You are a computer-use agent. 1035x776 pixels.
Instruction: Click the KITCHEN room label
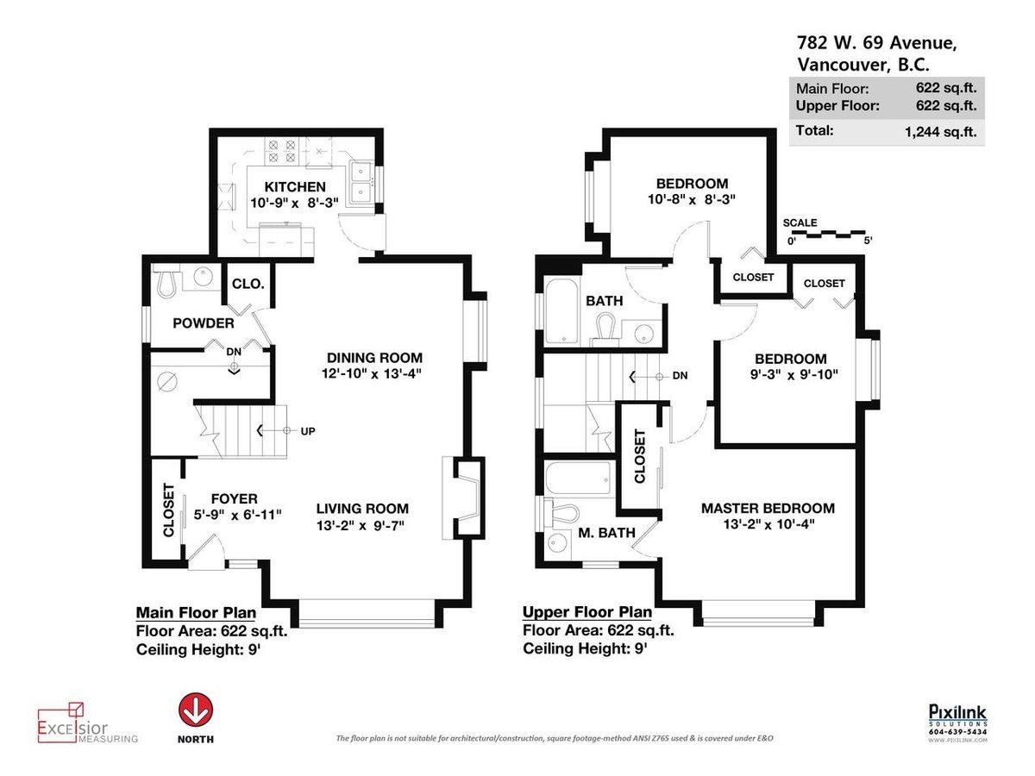[295, 187]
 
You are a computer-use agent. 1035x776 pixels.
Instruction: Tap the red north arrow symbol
[196, 710]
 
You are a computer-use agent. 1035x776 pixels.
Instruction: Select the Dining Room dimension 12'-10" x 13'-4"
[372, 374]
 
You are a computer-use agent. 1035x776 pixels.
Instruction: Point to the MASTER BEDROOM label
[768, 509]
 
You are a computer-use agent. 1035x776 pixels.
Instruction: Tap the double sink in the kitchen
[361, 184]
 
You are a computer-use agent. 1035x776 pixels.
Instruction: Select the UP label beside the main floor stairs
[308, 431]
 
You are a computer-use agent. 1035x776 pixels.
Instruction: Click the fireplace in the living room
[463, 498]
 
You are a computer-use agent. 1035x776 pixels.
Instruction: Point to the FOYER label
[235, 498]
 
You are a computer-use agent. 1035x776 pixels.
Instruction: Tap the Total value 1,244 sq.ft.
[940, 131]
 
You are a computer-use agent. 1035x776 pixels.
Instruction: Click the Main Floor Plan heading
[196, 613]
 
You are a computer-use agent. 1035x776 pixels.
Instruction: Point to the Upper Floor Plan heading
[587, 612]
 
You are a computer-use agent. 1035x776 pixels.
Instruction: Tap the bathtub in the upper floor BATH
[561, 311]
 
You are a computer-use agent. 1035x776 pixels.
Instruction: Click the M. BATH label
[606, 533]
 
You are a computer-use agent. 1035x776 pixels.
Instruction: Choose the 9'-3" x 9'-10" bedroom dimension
[793, 375]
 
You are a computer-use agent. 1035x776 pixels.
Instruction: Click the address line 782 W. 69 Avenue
[876, 43]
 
